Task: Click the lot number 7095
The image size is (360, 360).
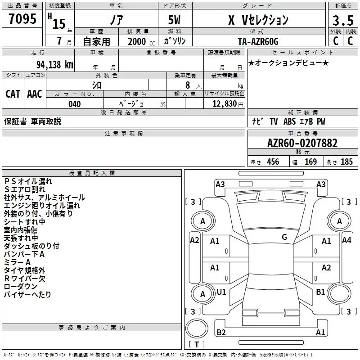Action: point(22,18)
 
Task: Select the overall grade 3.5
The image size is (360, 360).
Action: point(343,20)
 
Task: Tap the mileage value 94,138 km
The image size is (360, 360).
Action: point(55,65)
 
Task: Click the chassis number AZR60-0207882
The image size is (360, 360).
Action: point(302,143)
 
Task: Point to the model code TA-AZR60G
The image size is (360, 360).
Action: point(258,41)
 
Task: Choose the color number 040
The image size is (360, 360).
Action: point(74,104)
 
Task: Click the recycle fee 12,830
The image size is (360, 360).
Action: point(224,103)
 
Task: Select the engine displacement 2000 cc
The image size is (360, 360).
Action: point(141,41)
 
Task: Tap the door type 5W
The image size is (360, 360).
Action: point(174,20)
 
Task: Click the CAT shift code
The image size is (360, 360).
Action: point(13,94)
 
